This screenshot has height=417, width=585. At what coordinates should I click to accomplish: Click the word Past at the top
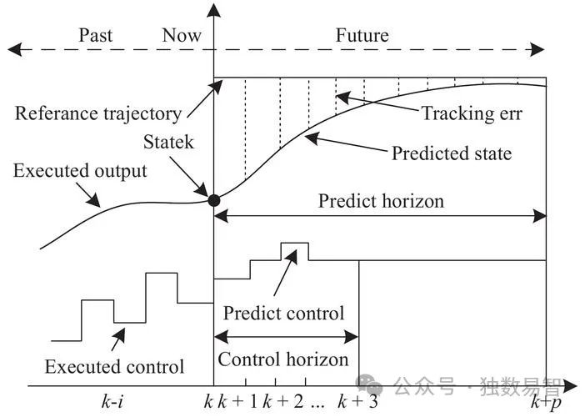point(95,35)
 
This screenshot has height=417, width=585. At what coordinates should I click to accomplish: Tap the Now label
point(182,35)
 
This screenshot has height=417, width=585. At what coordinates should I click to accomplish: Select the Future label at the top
point(362,35)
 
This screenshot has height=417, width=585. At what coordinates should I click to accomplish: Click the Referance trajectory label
point(97,113)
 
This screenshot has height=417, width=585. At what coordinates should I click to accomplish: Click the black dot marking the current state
point(214,200)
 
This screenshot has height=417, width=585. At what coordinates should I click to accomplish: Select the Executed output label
point(80,171)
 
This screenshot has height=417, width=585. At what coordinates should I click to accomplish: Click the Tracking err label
point(472,113)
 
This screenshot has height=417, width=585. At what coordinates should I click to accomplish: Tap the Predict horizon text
point(382,201)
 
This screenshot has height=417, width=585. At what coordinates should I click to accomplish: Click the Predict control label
point(283,314)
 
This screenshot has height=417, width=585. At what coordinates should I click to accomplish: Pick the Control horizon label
point(283,359)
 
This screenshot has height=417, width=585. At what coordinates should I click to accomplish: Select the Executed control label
point(114,366)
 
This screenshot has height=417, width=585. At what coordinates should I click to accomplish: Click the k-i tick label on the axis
point(114,401)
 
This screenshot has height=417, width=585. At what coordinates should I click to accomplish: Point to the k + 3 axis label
point(359,401)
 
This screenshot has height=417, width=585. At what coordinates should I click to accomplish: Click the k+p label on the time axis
point(547,401)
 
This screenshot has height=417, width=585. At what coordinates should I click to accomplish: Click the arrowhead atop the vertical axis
point(214,10)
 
